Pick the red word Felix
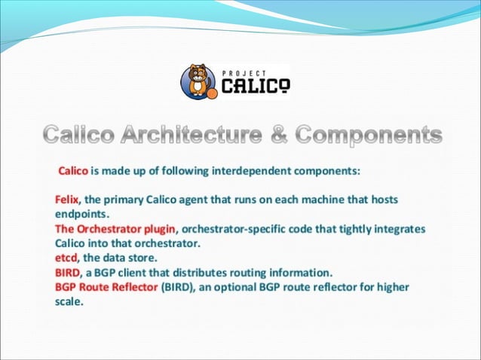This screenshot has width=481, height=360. tap(69, 200)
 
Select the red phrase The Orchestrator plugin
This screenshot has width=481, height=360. tap(115, 228)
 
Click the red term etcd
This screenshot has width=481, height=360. tap(67, 258)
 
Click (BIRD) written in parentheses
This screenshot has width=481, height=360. tap(178, 286)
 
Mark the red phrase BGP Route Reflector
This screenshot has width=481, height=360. tap(106, 286)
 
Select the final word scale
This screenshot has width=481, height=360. tap(68, 301)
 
